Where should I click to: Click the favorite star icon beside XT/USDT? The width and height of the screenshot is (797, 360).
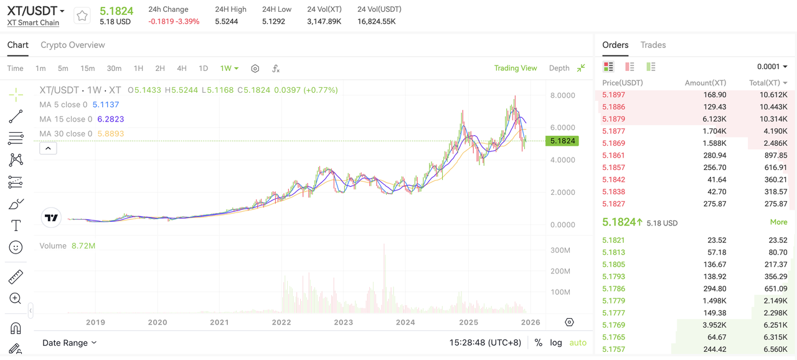82,16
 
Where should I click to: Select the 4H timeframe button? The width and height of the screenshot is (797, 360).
181,69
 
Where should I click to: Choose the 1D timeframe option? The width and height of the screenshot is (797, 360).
203,69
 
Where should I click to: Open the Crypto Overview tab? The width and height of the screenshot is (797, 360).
73,45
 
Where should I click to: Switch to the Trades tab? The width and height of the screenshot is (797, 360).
653,45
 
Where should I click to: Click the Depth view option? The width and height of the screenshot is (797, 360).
559,68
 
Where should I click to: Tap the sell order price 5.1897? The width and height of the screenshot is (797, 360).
613,95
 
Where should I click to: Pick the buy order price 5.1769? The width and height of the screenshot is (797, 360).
613,324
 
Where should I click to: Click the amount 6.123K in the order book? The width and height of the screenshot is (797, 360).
714,119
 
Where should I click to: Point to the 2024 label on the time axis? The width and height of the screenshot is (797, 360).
405,322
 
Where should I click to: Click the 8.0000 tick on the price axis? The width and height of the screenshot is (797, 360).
562,95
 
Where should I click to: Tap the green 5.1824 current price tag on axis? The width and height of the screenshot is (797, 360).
562,141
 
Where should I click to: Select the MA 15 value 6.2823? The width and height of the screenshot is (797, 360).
111,119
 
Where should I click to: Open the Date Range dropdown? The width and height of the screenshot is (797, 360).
69,343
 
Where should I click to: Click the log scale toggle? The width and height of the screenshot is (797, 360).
556,343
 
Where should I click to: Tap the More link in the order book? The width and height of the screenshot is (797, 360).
778,222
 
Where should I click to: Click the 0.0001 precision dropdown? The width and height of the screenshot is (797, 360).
771,67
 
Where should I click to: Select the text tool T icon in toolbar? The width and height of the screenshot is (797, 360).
16,225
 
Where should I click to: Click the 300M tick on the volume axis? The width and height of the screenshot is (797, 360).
560,250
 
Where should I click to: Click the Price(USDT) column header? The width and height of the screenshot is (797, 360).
622,83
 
